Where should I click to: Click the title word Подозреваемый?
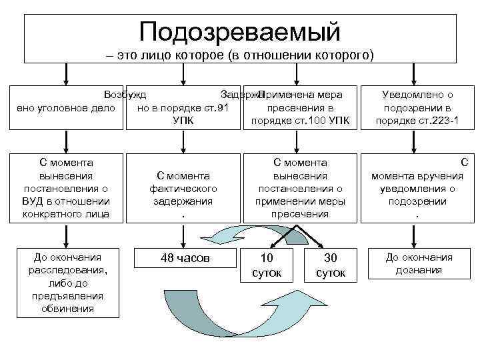point(240,31)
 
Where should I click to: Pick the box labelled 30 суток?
point(331,265)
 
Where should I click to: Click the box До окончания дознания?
point(418,263)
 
